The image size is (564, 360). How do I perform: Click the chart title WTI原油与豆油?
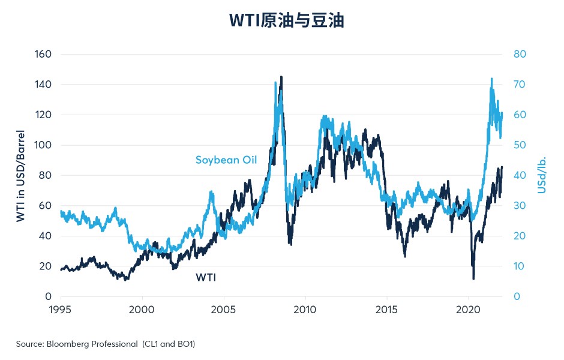click(287, 20)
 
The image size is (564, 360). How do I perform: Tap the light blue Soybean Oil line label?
click(226, 160)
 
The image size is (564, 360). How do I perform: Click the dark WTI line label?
click(206, 277)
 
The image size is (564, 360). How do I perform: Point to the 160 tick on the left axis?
click(43, 54)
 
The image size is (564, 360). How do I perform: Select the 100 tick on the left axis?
click(43, 145)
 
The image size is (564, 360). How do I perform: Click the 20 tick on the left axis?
click(46, 266)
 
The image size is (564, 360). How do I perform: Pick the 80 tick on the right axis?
click(520, 54)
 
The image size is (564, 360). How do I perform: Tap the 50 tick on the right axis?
click(520, 145)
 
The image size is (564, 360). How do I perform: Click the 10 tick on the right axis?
click(519, 266)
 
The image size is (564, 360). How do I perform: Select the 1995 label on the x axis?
click(60, 310)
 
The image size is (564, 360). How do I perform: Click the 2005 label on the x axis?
click(223, 310)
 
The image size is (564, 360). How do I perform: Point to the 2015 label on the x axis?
click(386, 310)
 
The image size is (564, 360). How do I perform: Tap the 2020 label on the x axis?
click(469, 310)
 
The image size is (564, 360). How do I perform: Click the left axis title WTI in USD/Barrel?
click(20, 176)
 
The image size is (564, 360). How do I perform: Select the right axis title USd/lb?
click(542, 175)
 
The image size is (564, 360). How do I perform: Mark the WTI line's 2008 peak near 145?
click(281, 77)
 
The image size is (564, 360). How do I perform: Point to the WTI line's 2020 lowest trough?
click(473, 278)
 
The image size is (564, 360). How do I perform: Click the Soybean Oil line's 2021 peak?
click(491, 79)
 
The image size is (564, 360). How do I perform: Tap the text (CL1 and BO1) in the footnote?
click(169, 344)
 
